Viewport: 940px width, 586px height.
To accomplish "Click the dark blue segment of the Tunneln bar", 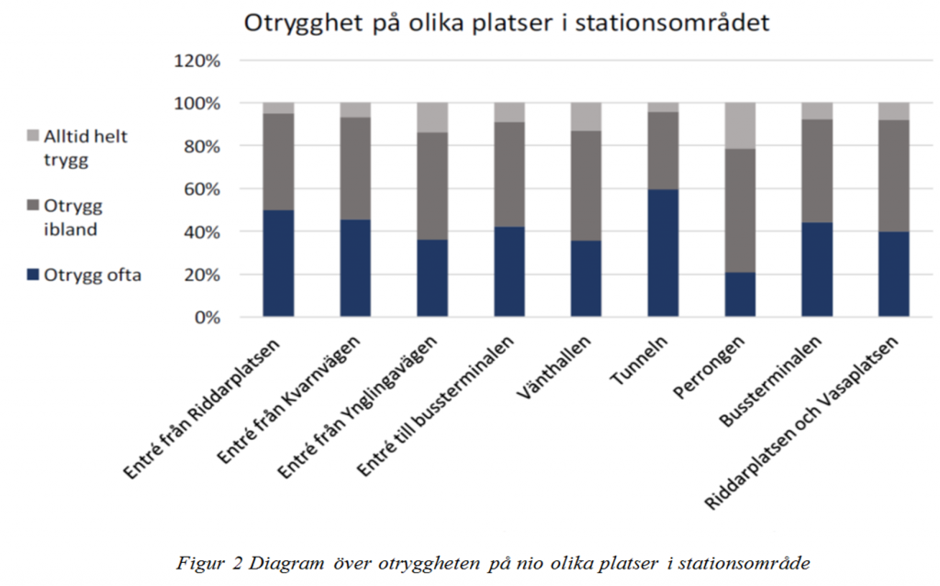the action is coord(663,253).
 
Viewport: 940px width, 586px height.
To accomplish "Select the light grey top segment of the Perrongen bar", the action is coord(740,125).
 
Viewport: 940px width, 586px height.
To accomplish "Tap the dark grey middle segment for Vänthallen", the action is coord(586,186).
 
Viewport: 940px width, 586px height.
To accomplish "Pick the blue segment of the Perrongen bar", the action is coord(740,295).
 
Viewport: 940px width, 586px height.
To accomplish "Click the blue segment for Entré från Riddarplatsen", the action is coord(278,263).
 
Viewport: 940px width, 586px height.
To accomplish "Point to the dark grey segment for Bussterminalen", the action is coord(817,171).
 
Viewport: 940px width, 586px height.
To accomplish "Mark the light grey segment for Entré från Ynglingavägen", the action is coord(432,118).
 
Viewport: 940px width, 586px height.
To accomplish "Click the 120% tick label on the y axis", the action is coord(197,61).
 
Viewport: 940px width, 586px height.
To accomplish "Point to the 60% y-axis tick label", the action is coord(201,189).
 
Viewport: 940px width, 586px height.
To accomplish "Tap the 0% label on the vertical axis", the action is coord(207,317).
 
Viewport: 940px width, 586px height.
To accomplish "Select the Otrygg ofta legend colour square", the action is coord(33,275).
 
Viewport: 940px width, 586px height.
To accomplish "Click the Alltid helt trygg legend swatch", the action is coord(33,136).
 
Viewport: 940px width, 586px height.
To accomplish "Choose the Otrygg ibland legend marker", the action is coord(33,205).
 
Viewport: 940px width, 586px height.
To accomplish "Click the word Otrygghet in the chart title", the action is coord(303,23).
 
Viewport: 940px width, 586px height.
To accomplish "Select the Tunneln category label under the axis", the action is coord(639,360).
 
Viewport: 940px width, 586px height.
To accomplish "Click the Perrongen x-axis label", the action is coord(710,367).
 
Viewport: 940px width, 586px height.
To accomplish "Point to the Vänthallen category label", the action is coord(554,367).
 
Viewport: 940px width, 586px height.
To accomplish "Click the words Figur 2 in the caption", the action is coord(210,564).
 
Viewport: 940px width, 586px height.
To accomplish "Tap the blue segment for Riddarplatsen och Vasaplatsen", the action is coord(894,274).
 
